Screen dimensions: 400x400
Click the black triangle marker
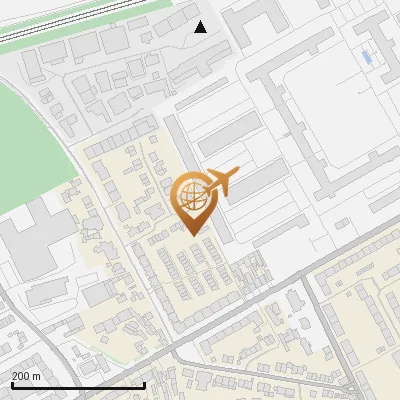click(200, 27)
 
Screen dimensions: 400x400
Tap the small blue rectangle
click(365, 57)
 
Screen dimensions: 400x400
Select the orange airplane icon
click(221, 182)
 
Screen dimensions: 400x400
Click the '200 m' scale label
click(27, 375)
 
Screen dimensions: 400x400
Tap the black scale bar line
click(78, 384)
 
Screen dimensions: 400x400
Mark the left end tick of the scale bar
click(11, 383)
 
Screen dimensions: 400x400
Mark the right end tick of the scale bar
click(145, 383)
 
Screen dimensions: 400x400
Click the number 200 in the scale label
click(21, 375)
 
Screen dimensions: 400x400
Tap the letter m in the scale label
click(36, 375)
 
